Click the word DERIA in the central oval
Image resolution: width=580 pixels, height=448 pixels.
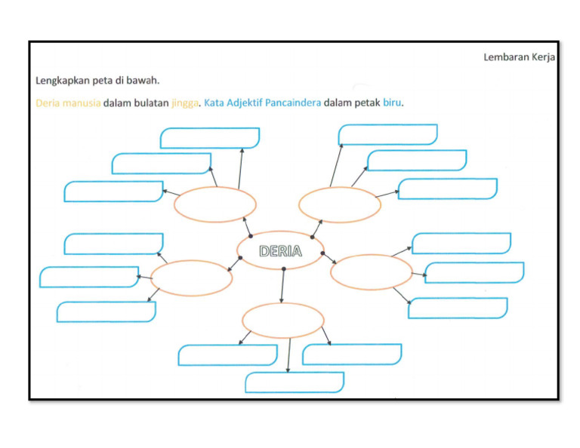tap(280, 251)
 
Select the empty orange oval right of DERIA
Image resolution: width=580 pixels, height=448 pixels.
tap(372, 272)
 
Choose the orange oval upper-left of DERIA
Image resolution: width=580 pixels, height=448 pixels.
tap(215, 204)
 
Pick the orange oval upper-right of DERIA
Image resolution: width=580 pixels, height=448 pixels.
tap(340, 204)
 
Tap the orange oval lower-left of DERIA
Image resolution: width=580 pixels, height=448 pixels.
tap(192, 278)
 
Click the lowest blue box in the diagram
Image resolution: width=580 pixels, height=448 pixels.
tap(295, 382)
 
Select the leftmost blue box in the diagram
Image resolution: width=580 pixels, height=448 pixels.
tap(89, 277)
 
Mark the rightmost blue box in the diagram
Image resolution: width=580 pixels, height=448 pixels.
tap(474, 272)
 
